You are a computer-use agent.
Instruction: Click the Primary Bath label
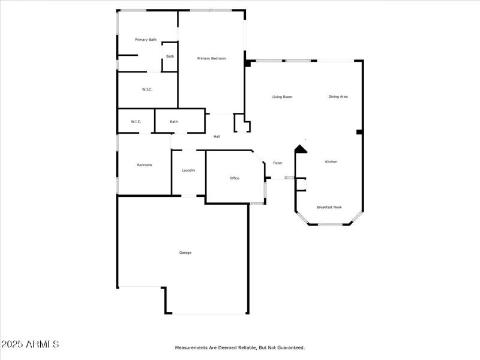pyautogui.click(x=146, y=40)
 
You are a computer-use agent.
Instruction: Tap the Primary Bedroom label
pyautogui.click(x=212, y=58)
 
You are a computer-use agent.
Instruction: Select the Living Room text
pyautogui.click(x=282, y=97)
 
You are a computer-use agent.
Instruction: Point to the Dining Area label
pyautogui.click(x=338, y=97)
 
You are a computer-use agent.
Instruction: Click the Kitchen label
pyautogui.click(x=331, y=162)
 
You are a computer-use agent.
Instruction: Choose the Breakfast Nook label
pyautogui.click(x=329, y=208)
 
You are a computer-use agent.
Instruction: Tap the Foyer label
pyautogui.click(x=278, y=163)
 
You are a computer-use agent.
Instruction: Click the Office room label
pyautogui.click(x=235, y=178)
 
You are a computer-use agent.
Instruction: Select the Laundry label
pyautogui.click(x=188, y=170)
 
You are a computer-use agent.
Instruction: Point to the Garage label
pyautogui.click(x=185, y=253)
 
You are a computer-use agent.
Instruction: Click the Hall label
pyautogui.click(x=217, y=137)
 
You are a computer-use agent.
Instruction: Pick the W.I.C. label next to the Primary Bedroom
pyautogui.click(x=147, y=90)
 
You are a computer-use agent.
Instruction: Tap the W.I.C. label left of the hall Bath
pyautogui.click(x=136, y=122)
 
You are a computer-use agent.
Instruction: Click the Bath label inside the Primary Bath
pyautogui.click(x=170, y=56)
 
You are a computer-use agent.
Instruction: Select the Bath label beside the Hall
pyautogui.click(x=173, y=122)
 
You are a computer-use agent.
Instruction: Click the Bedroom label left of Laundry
pyautogui.click(x=145, y=165)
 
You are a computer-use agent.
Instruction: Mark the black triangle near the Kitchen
pyautogui.click(x=301, y=149)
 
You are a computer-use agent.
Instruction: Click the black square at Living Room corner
pyautogui.click(x=247, y=63)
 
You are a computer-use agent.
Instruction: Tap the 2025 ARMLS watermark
pyautogui.click(x=30, y=344)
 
